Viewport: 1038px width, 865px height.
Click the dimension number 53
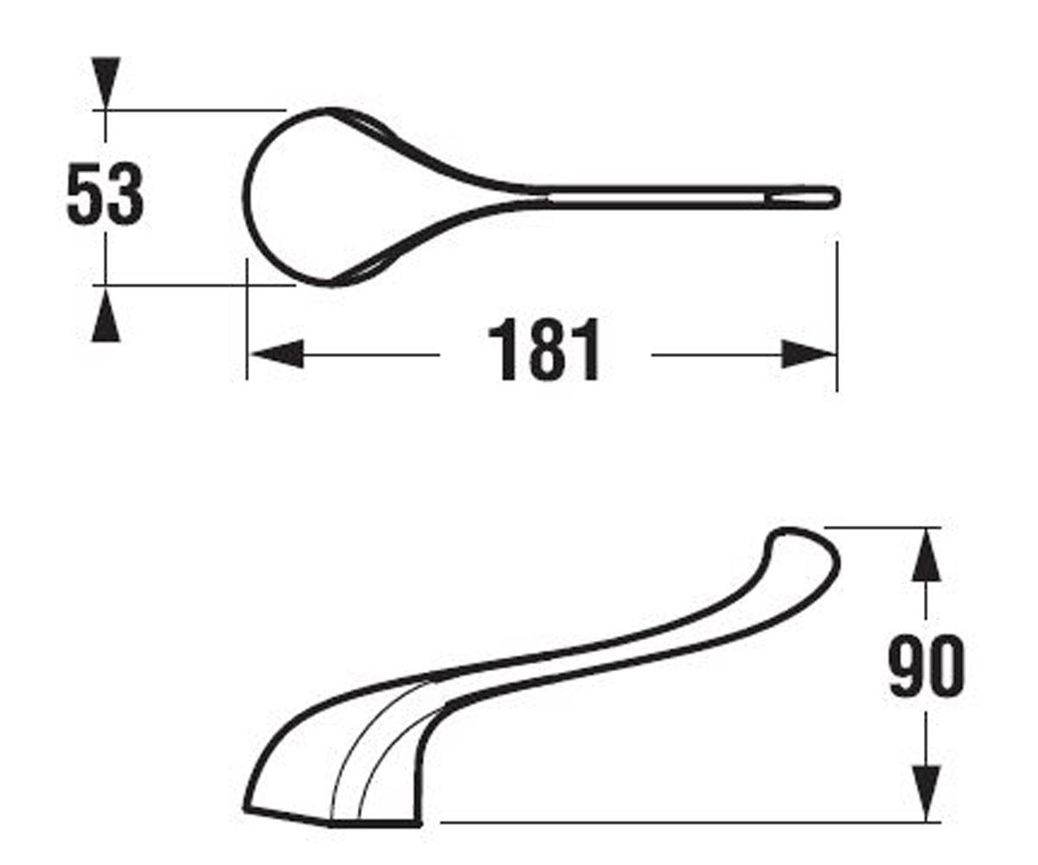pyautogui.click(x=105, y=194)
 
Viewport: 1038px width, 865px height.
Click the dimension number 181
pyautogui.click(x=544, y=349)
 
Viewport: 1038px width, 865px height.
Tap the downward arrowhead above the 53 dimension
pyautogui.click(x=106, y=80)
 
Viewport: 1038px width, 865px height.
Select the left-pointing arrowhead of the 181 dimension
pyautogui.click(x=277, y=354)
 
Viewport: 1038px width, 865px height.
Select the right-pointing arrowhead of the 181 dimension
pyautogui.click(x=808, y=354)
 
